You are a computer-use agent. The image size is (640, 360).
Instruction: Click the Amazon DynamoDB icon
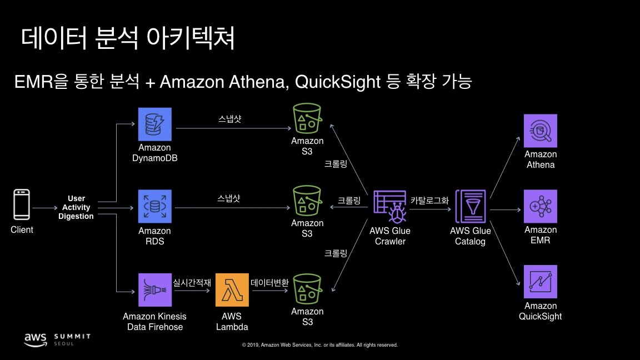155,124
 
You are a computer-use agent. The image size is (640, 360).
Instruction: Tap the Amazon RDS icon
155,207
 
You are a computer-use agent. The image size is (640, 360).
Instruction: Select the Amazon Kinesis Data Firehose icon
155,290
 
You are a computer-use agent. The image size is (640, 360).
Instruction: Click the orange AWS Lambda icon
232,290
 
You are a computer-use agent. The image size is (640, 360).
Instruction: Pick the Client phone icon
22,205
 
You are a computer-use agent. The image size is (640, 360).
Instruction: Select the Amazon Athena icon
541,131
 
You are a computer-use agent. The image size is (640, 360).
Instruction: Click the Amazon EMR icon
541,206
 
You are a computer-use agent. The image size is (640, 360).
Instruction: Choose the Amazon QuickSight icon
541,282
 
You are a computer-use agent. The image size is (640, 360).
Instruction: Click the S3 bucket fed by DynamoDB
307,118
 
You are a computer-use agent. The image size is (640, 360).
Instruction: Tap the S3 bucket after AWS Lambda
307,288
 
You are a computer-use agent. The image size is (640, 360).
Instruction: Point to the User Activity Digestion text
76,207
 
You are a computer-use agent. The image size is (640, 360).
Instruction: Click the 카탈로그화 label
429,201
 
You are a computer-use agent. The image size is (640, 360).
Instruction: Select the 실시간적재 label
192,282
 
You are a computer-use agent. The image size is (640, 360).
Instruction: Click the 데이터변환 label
270,282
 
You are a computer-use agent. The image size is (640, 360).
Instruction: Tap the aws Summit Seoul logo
57,339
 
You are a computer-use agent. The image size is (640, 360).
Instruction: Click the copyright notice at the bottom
320,345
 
